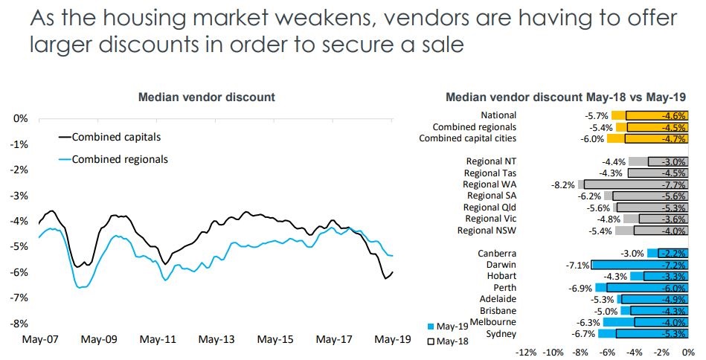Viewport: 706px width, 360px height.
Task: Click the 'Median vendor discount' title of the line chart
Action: [x=206, y=97]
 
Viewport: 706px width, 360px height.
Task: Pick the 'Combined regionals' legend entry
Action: [x=119, y=159]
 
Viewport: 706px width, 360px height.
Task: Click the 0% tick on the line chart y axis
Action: [x=21, y=118]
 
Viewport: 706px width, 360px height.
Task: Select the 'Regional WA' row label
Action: [x=489, y=184]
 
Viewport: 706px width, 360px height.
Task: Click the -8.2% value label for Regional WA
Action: [x=563, y=184]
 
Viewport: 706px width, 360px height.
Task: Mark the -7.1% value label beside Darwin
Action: [x=577, y=265]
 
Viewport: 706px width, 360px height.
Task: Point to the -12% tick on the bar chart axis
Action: [x=526, y=350]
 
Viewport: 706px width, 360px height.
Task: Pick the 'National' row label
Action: [x=498, y=115]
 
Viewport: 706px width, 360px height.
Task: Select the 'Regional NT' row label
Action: [x=490, y=161]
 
